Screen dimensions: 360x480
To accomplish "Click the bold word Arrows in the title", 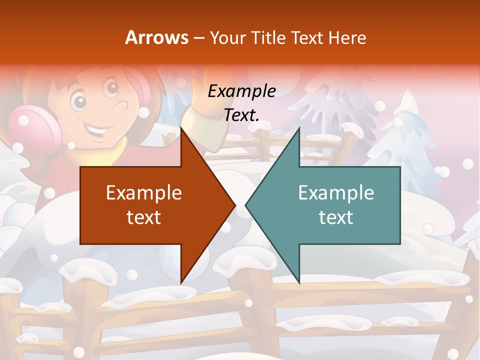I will click(x=157, y=37).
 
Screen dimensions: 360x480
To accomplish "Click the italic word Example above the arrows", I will click(x=241, y=91).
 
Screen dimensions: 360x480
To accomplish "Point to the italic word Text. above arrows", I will click(x=241, y=115).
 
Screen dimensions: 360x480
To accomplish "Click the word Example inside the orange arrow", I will click(x=143, y=192).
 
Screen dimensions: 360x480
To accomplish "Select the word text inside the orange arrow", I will click(x=143, y=217).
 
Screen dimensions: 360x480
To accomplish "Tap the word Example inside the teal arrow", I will click(x=336, y=192).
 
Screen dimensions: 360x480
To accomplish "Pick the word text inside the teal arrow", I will click(x=336, y=217).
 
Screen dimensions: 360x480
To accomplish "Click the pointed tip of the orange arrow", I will click(x=234, y=205).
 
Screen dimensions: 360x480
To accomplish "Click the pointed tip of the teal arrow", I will click(x=246, y=205).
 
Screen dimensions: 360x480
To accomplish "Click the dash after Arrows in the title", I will click(x=198, y=38).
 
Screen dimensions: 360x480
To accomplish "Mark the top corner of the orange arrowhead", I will click(x=181, y=128).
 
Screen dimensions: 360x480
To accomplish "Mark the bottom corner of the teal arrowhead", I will click(x=299, y=283).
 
